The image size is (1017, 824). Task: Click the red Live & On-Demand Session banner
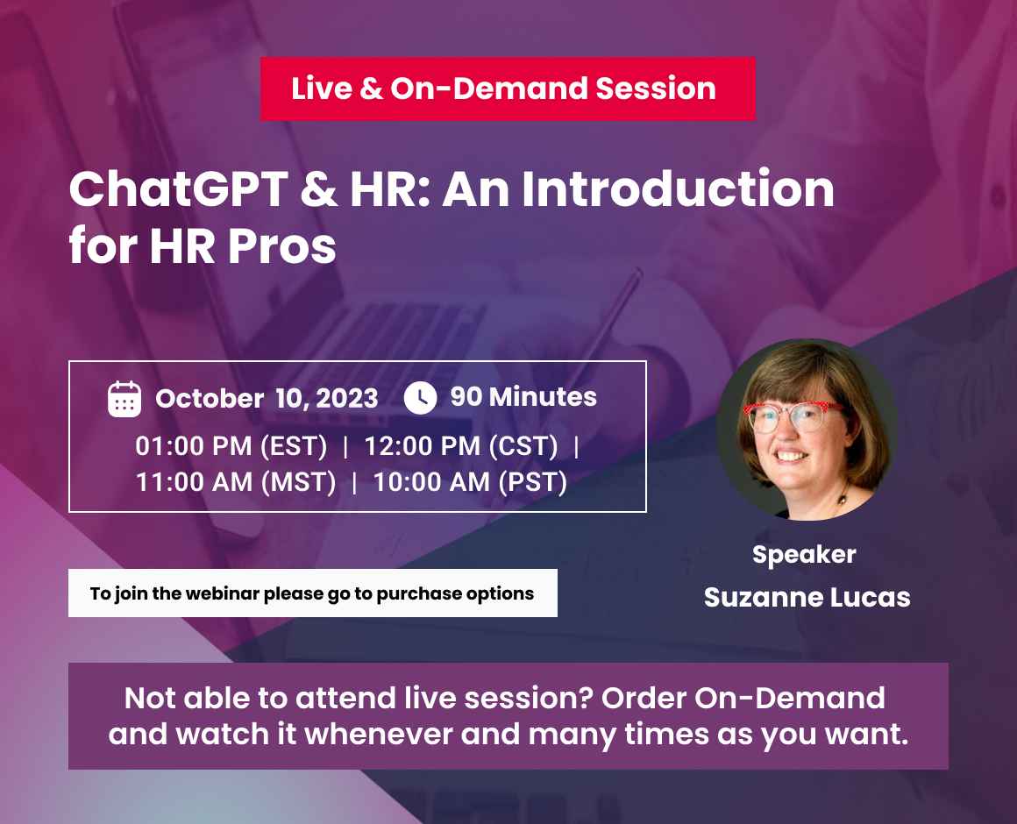coord(507,89)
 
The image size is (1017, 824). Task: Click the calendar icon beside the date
coord(124,399)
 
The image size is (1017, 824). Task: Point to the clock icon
coord(420,398)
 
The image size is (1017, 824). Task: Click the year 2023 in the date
coord(347,399)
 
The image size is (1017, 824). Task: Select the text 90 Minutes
coord(523,397)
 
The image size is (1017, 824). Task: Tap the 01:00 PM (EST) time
coord(231,446)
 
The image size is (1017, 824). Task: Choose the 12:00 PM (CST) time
coord(461,446)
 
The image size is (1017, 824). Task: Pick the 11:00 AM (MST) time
coord(236,482)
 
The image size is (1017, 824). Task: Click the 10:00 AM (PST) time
coord(470,482)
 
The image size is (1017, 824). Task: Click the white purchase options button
coord(312,593)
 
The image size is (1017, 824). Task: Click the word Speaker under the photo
coord(804,554)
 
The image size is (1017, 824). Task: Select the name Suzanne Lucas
coord(807,598)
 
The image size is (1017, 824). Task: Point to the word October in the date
coord(210,399)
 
